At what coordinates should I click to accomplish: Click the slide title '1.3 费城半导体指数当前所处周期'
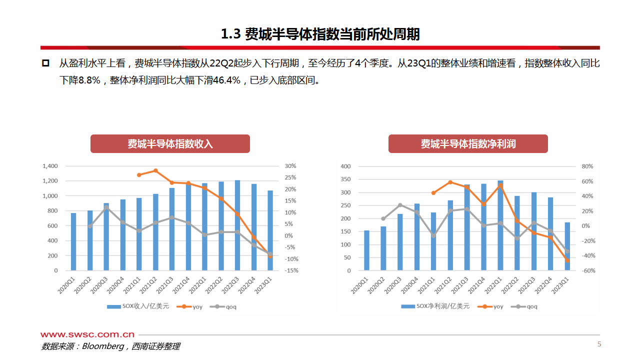pos(320,34)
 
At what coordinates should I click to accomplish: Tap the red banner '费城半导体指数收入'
pos(170,144)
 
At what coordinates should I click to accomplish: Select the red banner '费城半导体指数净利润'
pos(468,144)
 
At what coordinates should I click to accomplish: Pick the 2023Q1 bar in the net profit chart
pos(567,246)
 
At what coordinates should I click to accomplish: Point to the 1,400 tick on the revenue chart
pos(50,166)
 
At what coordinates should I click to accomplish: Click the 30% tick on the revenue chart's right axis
pos(290,166)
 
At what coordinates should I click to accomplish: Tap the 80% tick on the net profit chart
pos(587,166)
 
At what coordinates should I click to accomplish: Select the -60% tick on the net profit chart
pos(588,270)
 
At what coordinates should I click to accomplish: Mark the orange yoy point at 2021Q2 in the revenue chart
pos(155,170)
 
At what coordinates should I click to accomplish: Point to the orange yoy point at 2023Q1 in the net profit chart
pos(567,260)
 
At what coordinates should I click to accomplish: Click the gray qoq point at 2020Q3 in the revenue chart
pos(106,207)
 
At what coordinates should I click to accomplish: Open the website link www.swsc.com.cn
pos(87,334)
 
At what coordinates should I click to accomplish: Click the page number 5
pos(599,344)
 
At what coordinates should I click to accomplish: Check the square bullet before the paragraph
pos(45,63)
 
